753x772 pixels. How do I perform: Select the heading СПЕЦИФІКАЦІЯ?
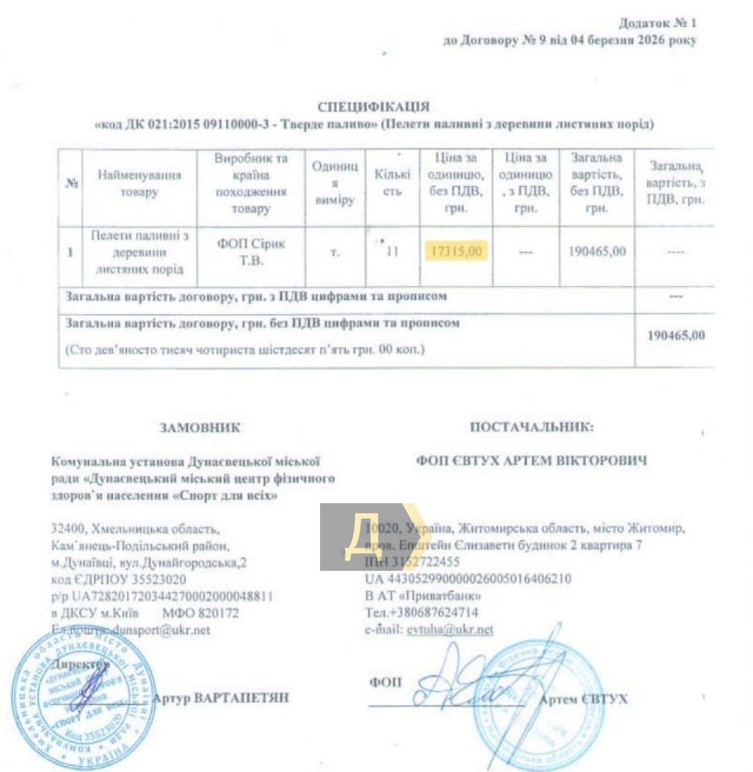coord(373,107)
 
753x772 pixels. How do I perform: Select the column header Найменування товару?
coord(139,185)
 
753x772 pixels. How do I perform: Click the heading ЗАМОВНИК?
coord(200,428)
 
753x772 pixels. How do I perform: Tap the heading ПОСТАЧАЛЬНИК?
coord(532,427)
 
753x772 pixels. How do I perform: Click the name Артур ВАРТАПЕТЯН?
coord(221,698)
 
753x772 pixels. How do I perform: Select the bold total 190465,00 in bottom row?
coord(676,335)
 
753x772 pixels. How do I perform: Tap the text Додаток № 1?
coord(657,23)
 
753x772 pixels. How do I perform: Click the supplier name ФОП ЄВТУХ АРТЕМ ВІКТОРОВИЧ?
coord(532,460)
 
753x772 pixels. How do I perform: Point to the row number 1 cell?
coord(70,252)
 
